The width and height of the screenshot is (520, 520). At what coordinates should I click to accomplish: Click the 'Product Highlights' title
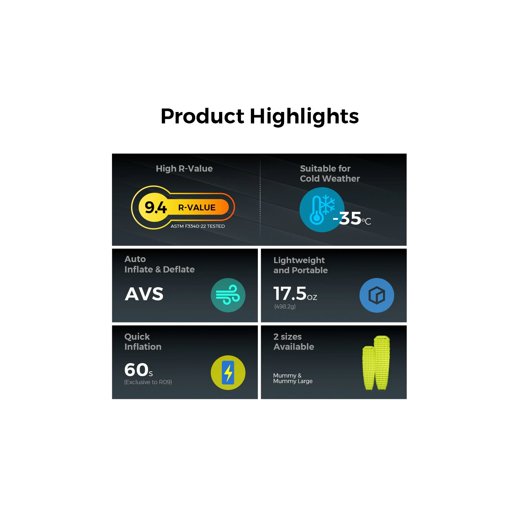coord(260,116)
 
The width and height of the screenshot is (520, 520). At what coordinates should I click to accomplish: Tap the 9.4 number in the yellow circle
coord(156,207)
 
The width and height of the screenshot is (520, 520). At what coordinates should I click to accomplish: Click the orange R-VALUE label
coord(197,207)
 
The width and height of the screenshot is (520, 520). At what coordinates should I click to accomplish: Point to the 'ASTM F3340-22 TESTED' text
coord(198,226)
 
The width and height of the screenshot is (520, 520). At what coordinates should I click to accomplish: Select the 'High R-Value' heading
coord(184,168)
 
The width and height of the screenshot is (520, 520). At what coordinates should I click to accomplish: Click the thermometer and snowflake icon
coord(322,209)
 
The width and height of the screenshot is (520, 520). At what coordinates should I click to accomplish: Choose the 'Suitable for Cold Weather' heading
coord(329,173)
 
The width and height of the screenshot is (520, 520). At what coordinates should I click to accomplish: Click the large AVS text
coord(144,294)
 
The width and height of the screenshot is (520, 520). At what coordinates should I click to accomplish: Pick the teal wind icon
coord(228,295)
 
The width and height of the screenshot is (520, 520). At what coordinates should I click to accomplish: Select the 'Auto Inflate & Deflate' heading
coord(159,264)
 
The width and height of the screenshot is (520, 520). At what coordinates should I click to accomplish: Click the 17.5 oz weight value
coord(295,294)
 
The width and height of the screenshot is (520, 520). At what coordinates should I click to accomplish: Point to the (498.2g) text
coord(285,306)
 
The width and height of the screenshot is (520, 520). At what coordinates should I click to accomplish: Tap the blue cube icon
coord(376,295)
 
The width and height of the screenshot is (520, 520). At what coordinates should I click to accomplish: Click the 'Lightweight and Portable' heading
coord(300,265)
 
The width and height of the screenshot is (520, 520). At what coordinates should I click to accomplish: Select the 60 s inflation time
coord(138,370)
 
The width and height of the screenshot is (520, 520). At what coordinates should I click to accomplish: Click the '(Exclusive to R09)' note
coord(148,382)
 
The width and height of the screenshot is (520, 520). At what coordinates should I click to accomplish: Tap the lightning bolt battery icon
coord(228,373)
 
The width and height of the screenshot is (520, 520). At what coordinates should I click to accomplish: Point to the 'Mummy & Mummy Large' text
coord(293,378)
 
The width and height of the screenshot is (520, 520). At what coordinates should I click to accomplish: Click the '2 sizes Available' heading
coord(293,341)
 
